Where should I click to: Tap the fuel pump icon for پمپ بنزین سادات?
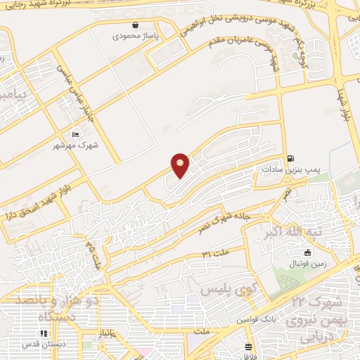(x=290, y=159)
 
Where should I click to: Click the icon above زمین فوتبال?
(x=307, y=252)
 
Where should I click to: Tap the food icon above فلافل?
(x=248, y=347)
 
